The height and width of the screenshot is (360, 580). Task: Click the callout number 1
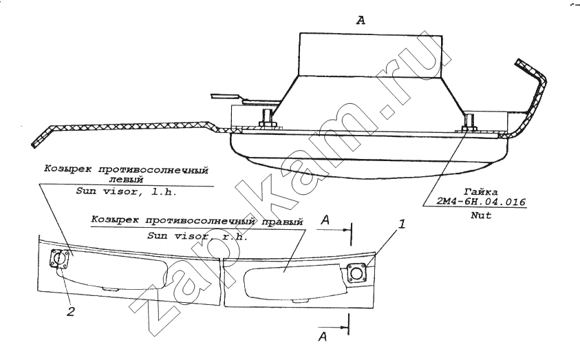click(402, 224)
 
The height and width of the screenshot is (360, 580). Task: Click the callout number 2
click(70, 312)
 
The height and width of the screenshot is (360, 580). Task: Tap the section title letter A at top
click(361, 21)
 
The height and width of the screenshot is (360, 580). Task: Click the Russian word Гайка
click(481, 192)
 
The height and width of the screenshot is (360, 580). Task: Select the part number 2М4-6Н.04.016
click(481, 202)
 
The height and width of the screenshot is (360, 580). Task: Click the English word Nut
click(481, 215)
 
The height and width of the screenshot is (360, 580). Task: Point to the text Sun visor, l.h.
click(126, 191)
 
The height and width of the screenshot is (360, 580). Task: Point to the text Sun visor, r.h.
click(197, 235)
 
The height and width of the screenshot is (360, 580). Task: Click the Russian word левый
click(126, 180)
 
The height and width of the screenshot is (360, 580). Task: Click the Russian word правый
click(283, 222)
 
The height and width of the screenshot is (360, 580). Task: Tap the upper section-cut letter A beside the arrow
click(325, 220)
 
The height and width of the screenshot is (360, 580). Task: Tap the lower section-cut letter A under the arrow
click(323, 337)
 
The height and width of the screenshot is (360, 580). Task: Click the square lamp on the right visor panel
click(356, 274)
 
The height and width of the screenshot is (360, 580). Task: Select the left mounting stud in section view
click(267, 118)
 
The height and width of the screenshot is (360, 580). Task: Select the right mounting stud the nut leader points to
click(469, 121)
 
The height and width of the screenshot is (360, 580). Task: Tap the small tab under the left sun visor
click(109, 288)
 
